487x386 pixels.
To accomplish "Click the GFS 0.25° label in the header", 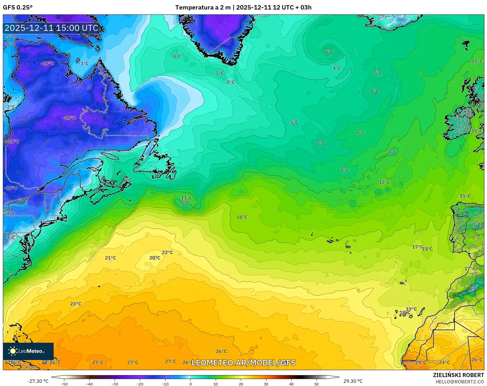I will click(x=18, y=8).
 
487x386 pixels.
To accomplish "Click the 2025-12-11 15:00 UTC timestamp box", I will click(x=52, y=28).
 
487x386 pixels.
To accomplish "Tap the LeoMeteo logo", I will click(x=28, y=351).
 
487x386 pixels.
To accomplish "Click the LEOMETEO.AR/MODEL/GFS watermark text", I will click(x=244, y=363).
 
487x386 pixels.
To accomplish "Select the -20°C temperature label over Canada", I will click(x=47, y=63).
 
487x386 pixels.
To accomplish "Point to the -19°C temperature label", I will click(x=69, y=118).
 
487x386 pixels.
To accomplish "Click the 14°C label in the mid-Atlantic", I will click(x=242, y=217).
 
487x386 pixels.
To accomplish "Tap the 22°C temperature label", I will click(x=168, y=252).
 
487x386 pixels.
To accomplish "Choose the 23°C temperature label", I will click(x=76, y=303).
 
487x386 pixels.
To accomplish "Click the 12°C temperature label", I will click(x=384, y=182).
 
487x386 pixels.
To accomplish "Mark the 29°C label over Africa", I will click(x=421, y=362).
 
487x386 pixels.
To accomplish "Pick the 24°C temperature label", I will click(x=444, y=362).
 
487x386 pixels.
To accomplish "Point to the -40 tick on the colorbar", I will click(x=89, y=384).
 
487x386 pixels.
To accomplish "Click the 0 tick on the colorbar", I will click(x=190, y=384).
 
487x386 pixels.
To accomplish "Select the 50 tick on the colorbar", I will click(x=317, y=384).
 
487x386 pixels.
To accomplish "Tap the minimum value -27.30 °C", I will click(x=38, y=381).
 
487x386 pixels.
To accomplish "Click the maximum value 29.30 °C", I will click(x=353, y=381).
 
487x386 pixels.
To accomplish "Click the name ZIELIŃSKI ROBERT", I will click(x=458, y=375).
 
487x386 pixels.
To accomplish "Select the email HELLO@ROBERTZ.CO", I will click(x=460, y=382).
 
